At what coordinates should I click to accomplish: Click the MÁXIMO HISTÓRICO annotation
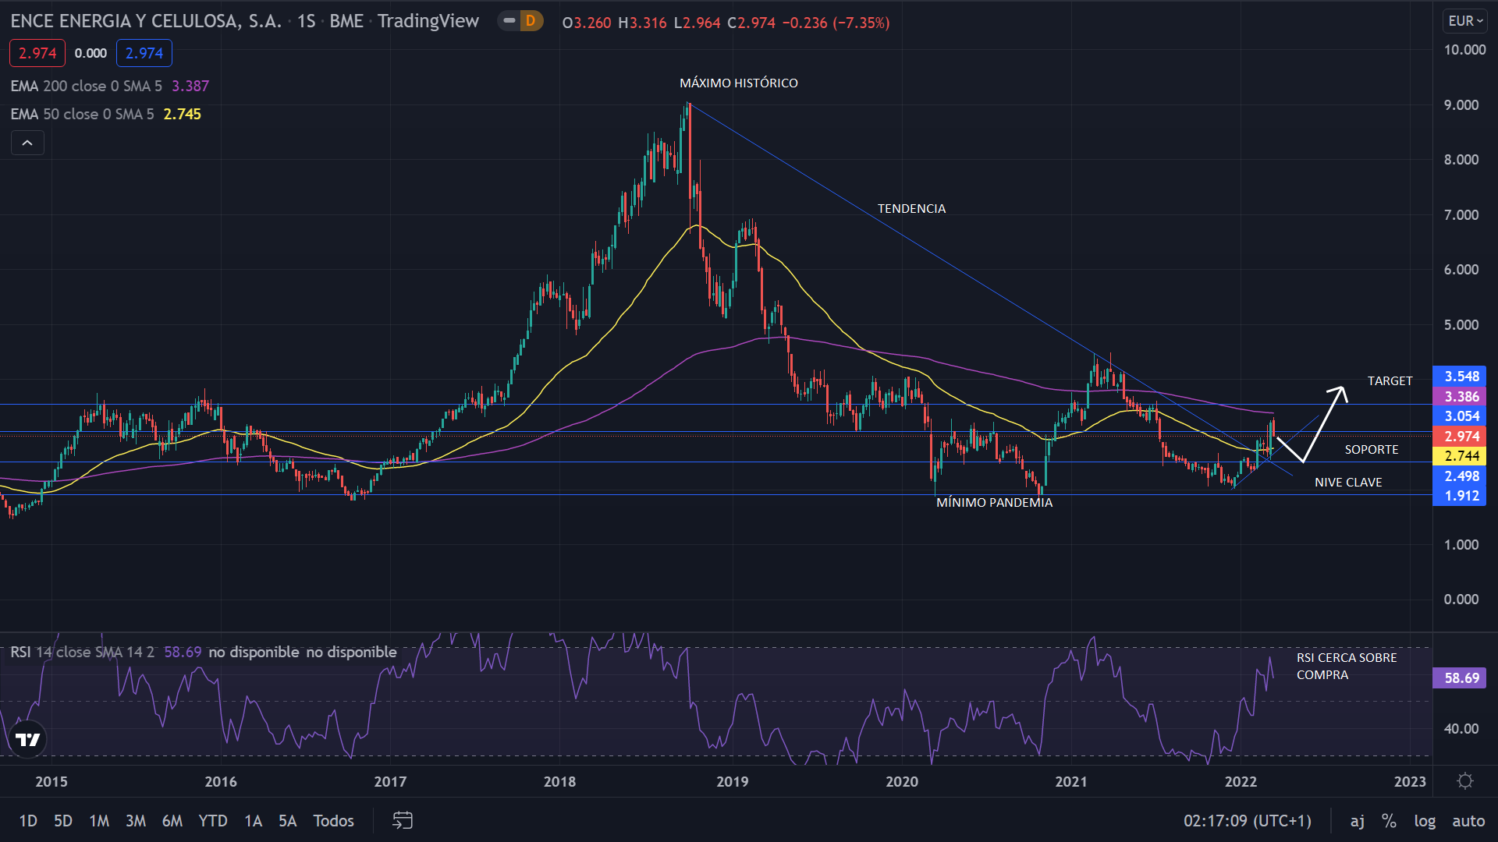[738, 83]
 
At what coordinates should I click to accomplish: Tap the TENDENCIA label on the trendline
[911, 208]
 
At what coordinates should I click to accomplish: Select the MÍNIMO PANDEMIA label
[994, 502]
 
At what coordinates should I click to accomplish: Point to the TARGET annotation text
[1390, 380]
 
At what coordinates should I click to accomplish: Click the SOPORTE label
[1371, 449]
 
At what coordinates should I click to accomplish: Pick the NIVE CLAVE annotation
[1347, 482]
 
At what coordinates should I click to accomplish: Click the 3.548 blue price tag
[1461, 377]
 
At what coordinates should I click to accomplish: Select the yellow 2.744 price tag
[1461, 456]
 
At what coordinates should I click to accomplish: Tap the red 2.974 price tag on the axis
[1461, 437]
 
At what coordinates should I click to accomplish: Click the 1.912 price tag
[1461, 496]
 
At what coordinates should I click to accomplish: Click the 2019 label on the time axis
[732, 781]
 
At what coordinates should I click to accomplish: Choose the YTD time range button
[212, 820]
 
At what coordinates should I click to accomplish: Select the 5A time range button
[287, 820]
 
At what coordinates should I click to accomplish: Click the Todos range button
[333, 820]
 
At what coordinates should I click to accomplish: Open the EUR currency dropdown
[1464, 21]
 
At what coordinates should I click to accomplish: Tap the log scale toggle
[1424, 820]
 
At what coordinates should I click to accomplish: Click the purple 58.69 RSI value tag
[1461, 677]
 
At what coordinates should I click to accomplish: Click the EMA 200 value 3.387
[190, 86]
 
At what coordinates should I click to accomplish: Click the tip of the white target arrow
[1344, 388]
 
